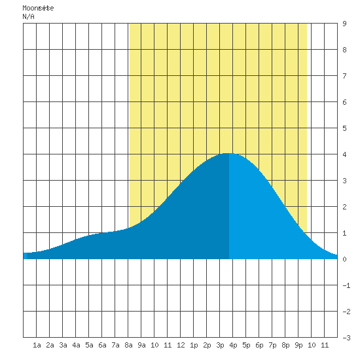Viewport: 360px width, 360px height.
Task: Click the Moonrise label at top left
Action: [x=38, y=8]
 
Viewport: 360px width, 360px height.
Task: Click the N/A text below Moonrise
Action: [x=28, y=16]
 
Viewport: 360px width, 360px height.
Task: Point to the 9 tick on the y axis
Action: [x=344, y=24]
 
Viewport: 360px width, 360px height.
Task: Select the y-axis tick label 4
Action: [x=344, y=154]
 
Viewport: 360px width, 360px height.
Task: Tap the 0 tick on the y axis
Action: [x=344, y=259]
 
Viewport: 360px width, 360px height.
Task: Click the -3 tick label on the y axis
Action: [x=346, y=338]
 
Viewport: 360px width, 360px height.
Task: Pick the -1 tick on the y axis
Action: [x=346, y=285]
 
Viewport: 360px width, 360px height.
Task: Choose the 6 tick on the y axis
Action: [x=344, y=102]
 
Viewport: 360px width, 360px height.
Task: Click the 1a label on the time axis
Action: [x=37, y=345]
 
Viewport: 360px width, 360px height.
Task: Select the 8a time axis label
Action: [x=128, y=345]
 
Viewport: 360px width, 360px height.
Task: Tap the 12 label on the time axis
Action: [x=181, y=345]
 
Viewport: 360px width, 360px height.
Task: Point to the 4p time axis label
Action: [x=233, y=345]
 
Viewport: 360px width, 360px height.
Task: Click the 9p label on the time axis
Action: [x=298, y=345]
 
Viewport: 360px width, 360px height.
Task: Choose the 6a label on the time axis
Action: [x=102, y=345]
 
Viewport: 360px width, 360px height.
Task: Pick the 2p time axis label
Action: [x=207, y=345]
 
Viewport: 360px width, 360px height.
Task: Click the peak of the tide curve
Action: [x=227, y=153]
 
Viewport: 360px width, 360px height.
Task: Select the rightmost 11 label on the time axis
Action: [x=325, y=345]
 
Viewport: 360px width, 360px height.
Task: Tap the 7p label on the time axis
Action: [x=272, y=345]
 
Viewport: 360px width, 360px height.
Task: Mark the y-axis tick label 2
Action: [x=344, y=207]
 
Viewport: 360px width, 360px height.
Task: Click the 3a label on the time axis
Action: [x=63, y=345]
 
